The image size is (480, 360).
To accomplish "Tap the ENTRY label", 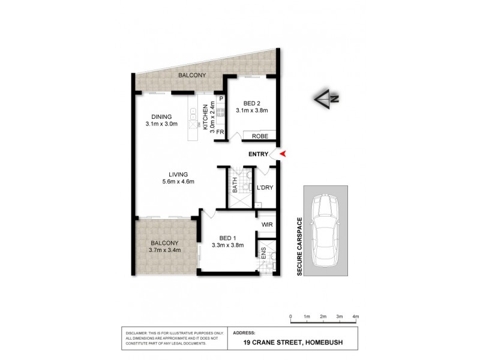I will tap(259, 154).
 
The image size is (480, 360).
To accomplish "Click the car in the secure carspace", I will tap(326, 230).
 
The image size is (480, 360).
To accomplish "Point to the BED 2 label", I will tap(251, 102).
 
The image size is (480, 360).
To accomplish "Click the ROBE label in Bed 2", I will tap(259, 136).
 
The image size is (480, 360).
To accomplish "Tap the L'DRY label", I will tap(265, 188).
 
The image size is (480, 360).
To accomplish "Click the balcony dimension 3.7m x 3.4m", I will tap(164, 250).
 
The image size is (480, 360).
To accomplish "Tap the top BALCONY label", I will tap(192, 75).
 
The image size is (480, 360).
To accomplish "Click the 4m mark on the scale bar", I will tap(355, 316).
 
